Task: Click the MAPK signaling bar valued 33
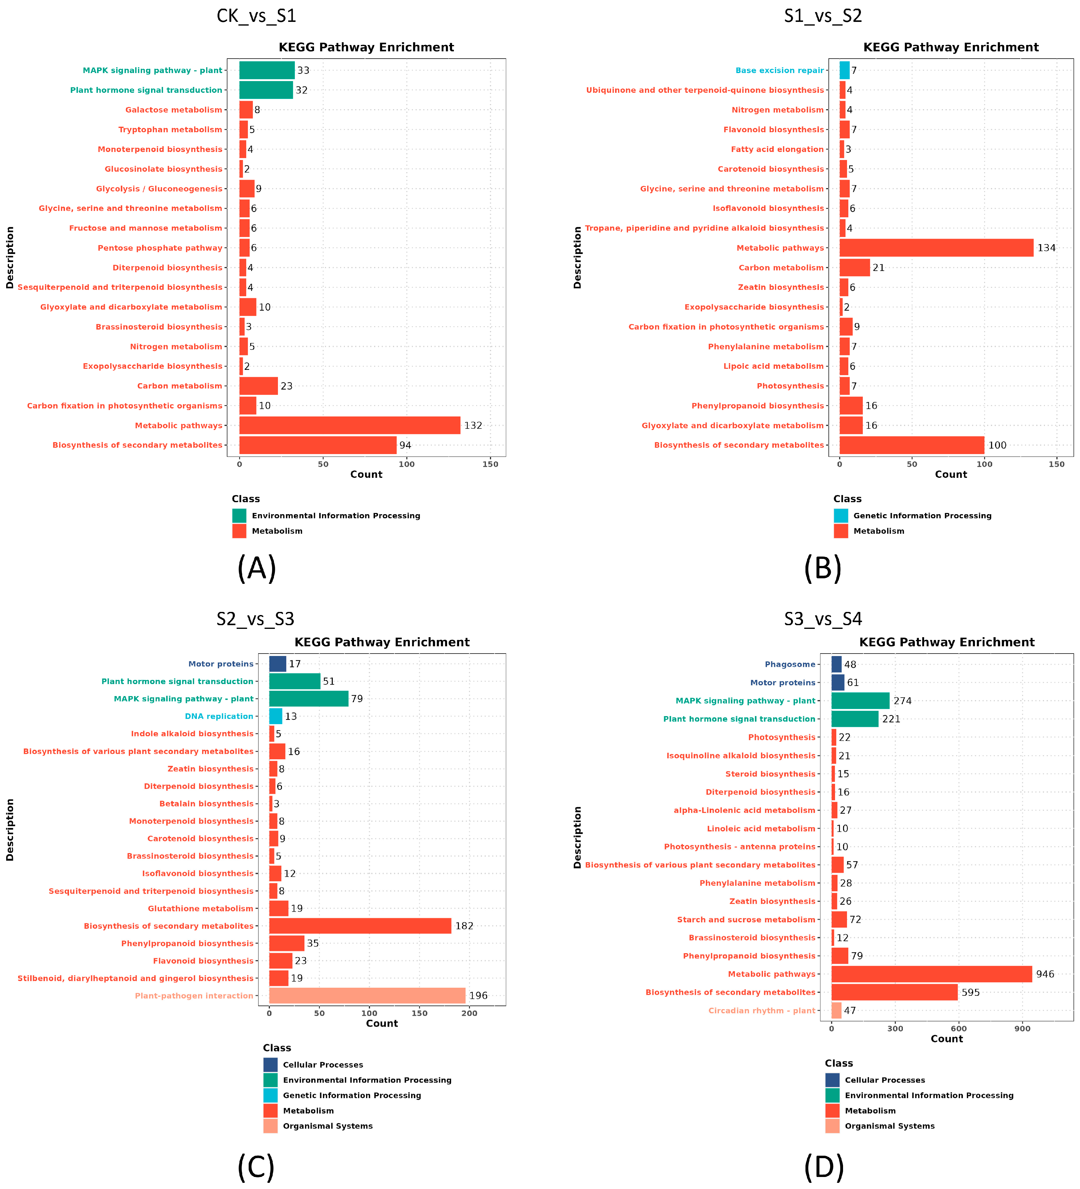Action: point(267,70)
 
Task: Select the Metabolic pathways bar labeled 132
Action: point(350,425)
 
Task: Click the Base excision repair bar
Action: point(844,70)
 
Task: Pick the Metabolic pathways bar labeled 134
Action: point(936,248)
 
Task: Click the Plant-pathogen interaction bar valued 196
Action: point(367,995)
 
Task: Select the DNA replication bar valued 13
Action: point(275,716)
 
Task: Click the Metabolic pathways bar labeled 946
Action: point(931,974)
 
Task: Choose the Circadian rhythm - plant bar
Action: point(836,1010)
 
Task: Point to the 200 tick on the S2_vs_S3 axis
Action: point(469,1013)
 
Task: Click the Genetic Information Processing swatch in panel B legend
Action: point(841,515)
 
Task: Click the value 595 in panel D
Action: point(970,992)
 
